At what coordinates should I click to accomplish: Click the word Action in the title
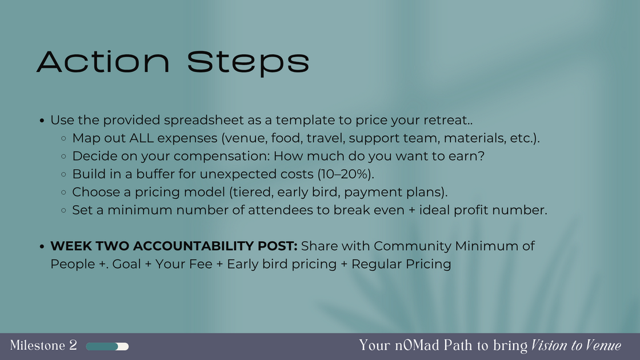pos(103,62)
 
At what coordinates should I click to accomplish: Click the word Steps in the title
pos(248,63)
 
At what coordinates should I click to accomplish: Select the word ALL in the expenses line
pos(142,138)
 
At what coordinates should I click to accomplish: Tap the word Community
pos(412,246)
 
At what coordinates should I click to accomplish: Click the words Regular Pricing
pos(401,264)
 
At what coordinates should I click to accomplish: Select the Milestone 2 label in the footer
pos(43,345)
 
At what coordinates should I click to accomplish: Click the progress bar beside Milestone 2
pos(107,346)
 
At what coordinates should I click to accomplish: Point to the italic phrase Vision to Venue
pos(576,346)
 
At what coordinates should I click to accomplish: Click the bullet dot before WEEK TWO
pos(42,246)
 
